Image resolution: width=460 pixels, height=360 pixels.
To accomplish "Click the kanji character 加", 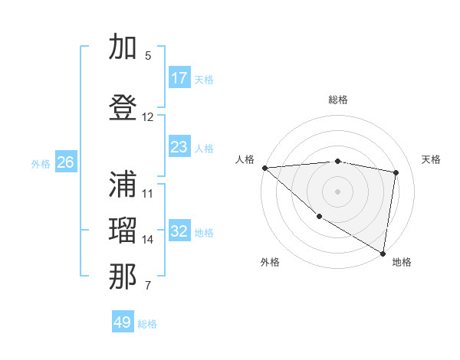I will (124, 47).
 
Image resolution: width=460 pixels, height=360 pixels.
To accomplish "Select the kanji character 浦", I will (124, 185).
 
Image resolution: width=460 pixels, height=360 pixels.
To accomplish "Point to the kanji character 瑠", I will (124, 231).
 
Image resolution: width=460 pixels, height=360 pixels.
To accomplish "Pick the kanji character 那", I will (124, 277).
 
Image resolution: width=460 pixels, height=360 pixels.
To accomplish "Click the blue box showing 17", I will (179, 78).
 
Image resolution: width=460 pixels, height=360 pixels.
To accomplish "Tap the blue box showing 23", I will (179, 147).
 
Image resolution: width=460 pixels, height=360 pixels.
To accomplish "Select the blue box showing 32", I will (179, 231).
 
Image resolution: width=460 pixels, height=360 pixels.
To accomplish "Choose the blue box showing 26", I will (66, 162).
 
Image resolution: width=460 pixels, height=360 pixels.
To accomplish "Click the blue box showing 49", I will (123, 322).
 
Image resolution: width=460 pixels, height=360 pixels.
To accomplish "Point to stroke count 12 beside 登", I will (148, 117).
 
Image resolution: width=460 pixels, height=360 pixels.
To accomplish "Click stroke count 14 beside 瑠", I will (148, 240).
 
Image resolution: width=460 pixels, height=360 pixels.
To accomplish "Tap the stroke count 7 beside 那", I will (148, 286).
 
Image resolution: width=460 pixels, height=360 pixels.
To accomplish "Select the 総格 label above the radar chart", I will (337, 100).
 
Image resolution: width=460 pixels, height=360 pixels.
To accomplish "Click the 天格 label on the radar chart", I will (431, 159).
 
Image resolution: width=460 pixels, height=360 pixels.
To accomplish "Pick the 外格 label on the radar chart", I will (270, 262).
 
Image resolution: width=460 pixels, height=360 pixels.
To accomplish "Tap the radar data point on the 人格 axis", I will (264, 168).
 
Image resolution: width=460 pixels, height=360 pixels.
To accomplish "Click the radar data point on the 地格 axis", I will (383, 253).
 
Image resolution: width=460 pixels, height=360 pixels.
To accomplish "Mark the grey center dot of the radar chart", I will (337, 191).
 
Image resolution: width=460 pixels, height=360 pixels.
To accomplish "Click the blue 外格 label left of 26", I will (41, 163).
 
